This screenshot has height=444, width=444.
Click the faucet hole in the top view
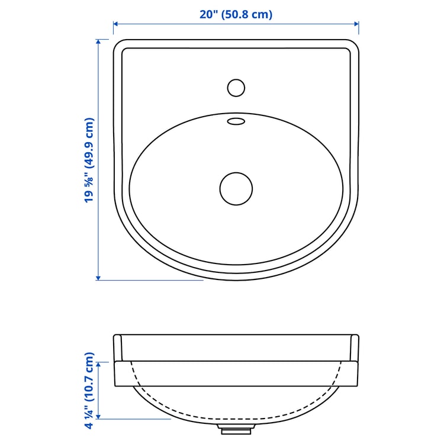(x=236, y=88)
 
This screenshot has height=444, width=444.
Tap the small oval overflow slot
(x=236, y=122)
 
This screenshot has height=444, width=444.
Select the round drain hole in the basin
(x=236, y=189)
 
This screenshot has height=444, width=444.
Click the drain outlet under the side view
(x=236, y=427)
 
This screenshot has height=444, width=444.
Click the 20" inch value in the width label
(x=208, y=14)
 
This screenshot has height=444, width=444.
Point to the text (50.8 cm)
(x=247, y=14)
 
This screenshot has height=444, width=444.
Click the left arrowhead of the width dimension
(x=116, y=24)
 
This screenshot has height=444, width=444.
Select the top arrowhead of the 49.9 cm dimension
(x=98, y=43)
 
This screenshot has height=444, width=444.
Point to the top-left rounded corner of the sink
(x=118, y=45)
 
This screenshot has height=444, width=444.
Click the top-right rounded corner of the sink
(x=353, y=45)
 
